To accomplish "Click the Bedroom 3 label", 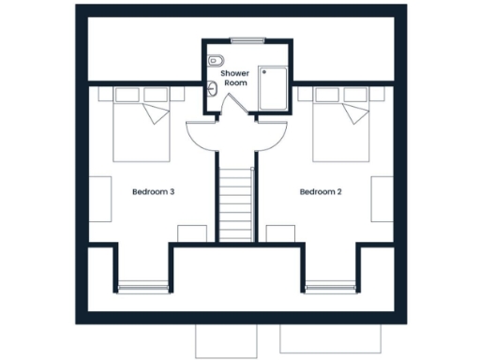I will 154,192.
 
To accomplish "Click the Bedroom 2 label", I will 321,192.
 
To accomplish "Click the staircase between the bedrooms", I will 237,202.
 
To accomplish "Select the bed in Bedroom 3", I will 142,126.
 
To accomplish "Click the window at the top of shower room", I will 247,39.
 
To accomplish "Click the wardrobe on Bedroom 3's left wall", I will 99,199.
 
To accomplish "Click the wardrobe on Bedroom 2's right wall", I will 382,199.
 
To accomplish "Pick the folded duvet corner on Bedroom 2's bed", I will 355,115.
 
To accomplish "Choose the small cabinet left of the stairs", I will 192,233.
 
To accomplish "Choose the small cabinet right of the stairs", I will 280,233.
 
